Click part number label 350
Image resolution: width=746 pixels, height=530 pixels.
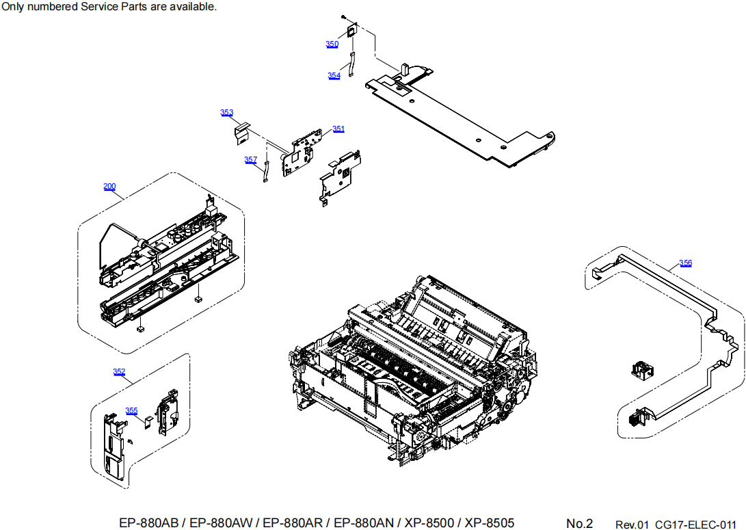(332, 44)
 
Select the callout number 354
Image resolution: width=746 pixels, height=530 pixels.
(334, 76)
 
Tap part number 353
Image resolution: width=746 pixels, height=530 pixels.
(226, 113)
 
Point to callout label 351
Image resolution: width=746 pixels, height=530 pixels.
(338, 129)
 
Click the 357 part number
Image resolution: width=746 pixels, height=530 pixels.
(250, 160)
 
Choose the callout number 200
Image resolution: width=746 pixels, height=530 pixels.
(109, 187)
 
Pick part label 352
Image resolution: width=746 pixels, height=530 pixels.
(119, 372)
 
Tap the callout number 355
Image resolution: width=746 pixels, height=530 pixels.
(131, 411)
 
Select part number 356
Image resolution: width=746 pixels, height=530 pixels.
(685, 263)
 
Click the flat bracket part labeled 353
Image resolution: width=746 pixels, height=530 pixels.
(240, 133)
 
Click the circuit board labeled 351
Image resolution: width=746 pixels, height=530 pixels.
(302, 154)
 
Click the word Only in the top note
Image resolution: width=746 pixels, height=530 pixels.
(14, 7)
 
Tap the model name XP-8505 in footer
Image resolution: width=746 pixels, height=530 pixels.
(490, 523)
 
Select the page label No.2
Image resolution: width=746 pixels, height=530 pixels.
(579, 524)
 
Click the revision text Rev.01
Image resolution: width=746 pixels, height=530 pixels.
(631, 525)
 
